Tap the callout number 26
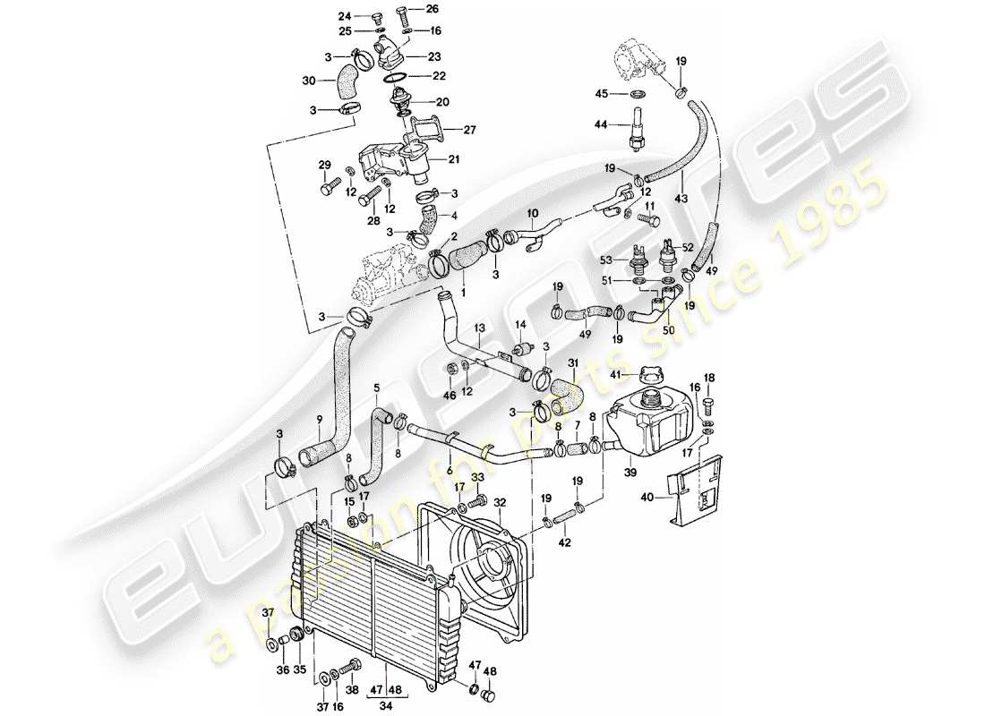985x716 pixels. pos(433,9)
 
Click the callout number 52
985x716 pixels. pos(688,247)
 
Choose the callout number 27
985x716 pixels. pos(470,129)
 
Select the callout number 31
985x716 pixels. pos(573,363)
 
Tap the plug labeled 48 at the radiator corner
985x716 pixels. pos(489,696)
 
